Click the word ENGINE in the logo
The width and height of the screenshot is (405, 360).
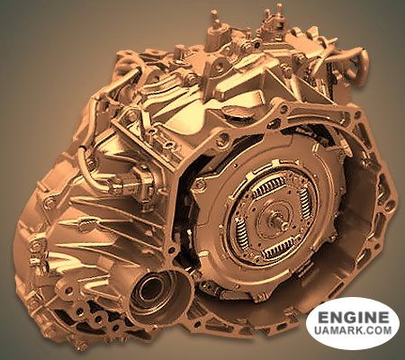point(353,319)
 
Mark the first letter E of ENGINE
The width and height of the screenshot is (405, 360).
point(316,319)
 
